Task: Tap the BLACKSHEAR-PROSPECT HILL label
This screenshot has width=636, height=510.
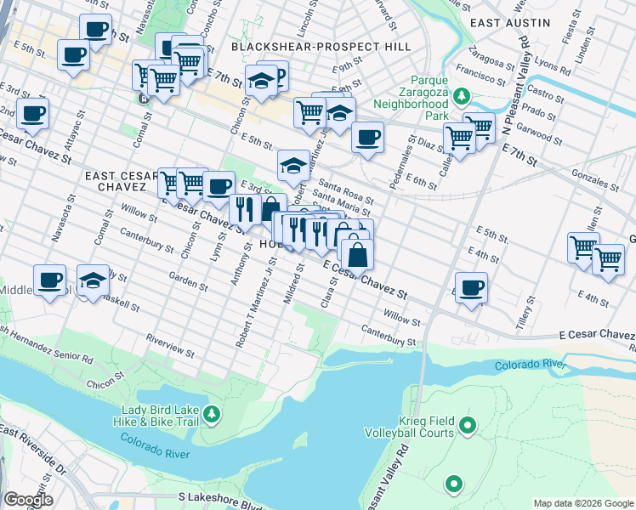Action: coord(321,47)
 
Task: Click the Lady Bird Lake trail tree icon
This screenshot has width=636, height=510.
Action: coord(210,414)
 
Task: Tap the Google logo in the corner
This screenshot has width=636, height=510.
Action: coord(28,500)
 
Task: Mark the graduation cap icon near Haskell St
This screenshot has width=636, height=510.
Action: coord(92,280)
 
